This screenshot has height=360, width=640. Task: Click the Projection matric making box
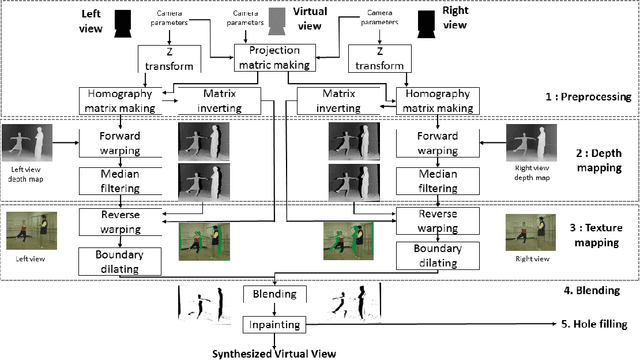pyautogui.click(x=274, y=58)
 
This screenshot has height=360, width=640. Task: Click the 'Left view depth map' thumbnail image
pyautogui.click(x=29, y=146)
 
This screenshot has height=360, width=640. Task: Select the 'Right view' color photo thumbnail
pyautogui.click(x=529, y=231)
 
